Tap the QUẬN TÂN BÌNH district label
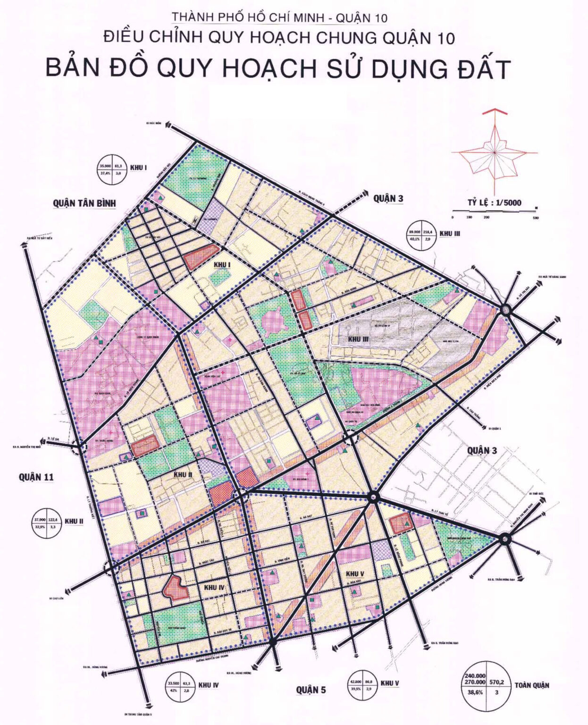point(84,203)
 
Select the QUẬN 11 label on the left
point(36,477)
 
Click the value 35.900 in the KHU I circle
point(105,166)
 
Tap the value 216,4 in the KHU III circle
point(429,231)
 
